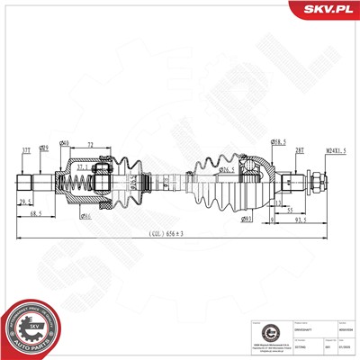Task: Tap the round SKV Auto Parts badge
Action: (31, 326)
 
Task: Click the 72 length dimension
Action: (92, 143)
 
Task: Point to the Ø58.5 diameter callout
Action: (278, 142)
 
